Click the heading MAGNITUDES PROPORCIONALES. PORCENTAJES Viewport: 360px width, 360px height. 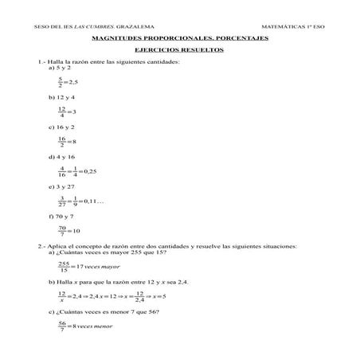coord(180,38)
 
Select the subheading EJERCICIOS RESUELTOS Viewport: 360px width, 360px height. coord(179,49)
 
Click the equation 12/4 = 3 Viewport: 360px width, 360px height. coord(66,111)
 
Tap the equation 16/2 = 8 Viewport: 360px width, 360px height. coord(66,141)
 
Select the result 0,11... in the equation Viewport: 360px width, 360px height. coord(95,201)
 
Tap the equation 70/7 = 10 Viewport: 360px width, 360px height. coord(68,231)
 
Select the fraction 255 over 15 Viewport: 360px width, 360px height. coord(64,266)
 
